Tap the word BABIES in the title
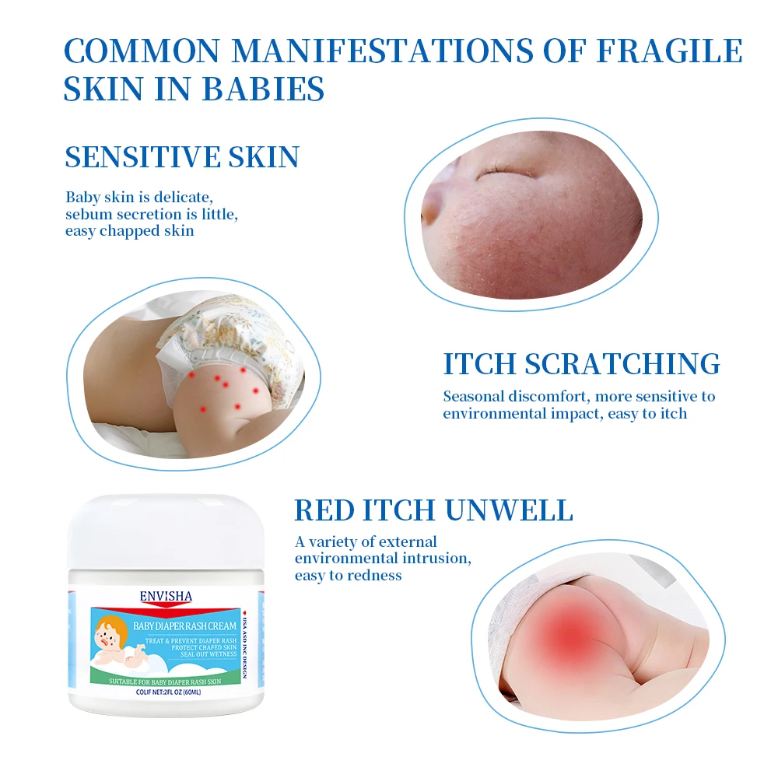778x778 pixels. pos(263,89)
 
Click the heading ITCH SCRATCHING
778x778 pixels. pos(581,364)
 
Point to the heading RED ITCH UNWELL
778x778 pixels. pos(433,510)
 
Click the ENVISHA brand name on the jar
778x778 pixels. pos(165,596)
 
